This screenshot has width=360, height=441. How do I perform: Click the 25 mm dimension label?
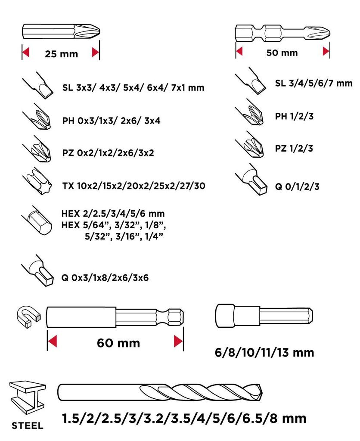click(x=61, y=54)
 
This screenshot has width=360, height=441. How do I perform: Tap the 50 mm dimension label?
click(x=282, y=53)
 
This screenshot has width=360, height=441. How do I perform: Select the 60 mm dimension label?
click(x=118, y=343)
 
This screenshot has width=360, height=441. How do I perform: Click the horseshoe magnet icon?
click(x=28, y=316)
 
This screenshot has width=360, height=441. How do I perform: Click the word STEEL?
click(x=27, y=426)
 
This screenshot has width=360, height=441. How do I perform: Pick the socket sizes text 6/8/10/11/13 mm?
click(x=264, y=353)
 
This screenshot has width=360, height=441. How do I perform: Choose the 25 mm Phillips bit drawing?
click(x=61, y=32)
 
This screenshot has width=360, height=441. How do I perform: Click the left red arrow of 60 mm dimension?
click(x=52, y=342)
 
